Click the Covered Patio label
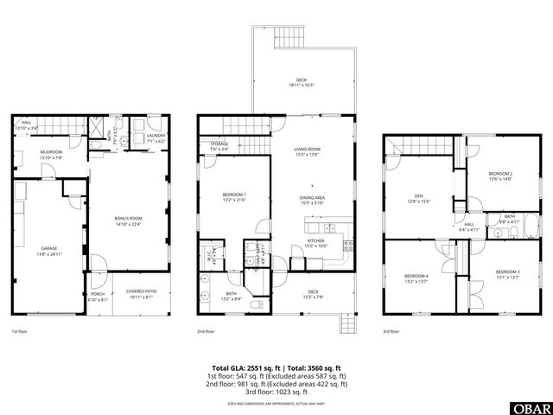click(x=140, y=292)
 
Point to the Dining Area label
click(x=312, y=199)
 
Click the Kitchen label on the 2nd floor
click(x=315, y=243)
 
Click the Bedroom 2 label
click(x=500, y=176)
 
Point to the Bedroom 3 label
click(x=506, y=275)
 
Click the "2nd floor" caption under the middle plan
click(x=206, y=331)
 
